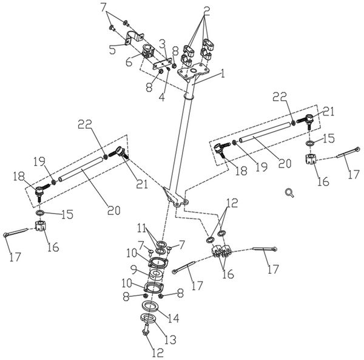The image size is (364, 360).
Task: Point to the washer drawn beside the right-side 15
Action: (x=309, y=143)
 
